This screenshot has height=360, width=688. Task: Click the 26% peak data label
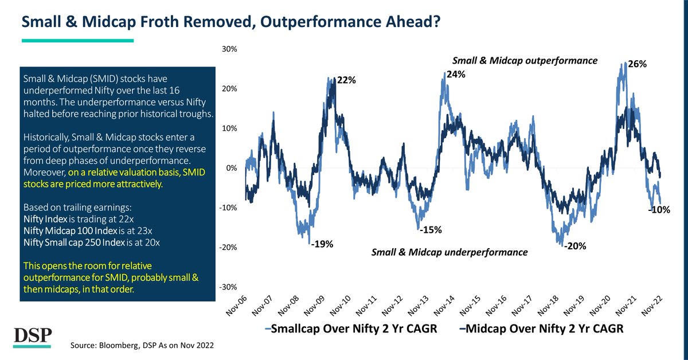pos(638,65)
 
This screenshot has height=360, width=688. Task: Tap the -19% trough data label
pos(321,244)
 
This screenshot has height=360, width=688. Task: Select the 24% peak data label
pos(456,75)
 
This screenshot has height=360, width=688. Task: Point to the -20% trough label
pos(574,247)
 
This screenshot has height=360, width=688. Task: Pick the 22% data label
pos(346,81)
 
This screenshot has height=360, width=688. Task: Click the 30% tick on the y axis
pos(229,49)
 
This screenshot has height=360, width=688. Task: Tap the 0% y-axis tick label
pos(232,168)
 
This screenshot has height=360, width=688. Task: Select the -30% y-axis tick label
pos(228,287)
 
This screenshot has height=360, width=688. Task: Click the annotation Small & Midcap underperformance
pos(449,252)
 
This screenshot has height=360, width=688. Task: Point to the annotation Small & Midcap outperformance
pos(525,60)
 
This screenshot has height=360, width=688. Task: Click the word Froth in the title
pos(146,22)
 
